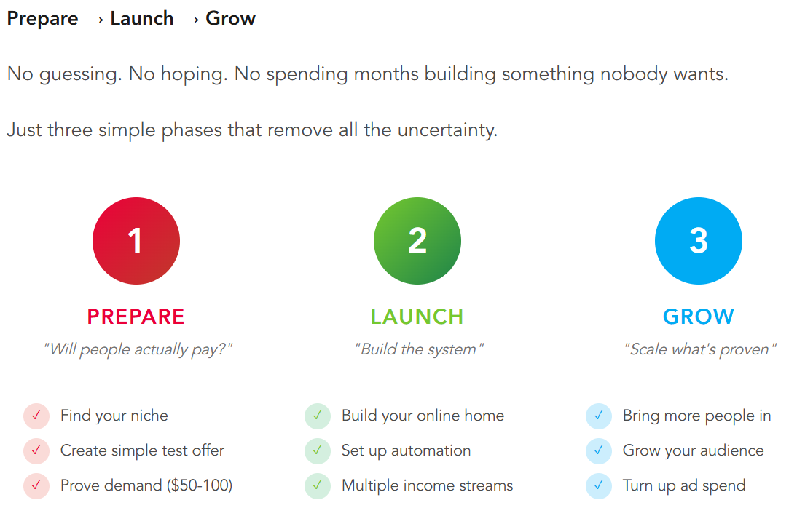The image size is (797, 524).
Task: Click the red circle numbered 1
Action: click(x=136, y=241)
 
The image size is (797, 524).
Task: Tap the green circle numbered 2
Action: click(x=417, y=241)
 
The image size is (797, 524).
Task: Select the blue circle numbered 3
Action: click(x=699, y=241)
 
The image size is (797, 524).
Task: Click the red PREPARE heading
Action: click(x=136, y=317)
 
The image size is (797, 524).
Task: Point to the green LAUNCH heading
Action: click(x=417, y=317)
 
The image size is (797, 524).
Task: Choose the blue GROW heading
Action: click(x=699, y=317)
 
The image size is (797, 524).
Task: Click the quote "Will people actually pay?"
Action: click(x=138, y=349)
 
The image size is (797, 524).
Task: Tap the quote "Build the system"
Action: click(x=419, y=349)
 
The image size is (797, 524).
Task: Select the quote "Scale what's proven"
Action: click(x=700, y=349)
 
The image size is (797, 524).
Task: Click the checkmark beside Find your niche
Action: click(x=36, y=416)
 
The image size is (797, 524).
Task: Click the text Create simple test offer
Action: click(x=142, y=451)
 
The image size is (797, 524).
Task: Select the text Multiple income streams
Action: click(x=428, y=486)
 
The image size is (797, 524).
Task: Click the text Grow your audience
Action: click(x=694, y=451)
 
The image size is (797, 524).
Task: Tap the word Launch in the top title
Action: click(x=142, y=19)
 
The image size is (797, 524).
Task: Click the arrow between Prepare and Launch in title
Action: click(x=95, y=20)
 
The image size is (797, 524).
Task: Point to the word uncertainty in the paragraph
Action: click(x=447, y=130)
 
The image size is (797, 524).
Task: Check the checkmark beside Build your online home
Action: click(x=318, y=416)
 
